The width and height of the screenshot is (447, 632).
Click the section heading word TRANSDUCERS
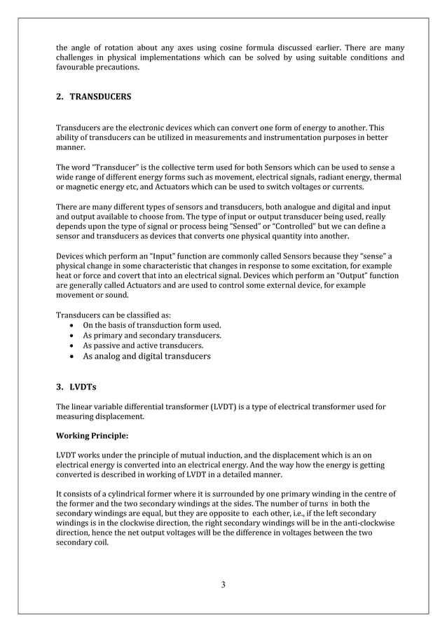coord(100,97)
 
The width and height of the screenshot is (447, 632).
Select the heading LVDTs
coord(85,386)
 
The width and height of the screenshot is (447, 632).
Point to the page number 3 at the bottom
coord(223,585)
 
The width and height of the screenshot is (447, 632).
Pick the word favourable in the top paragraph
coord(79,68)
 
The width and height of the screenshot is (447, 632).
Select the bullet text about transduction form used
coord(152,325)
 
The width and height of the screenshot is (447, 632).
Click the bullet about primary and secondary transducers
coord(152,336)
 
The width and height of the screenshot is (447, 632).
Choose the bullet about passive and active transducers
coord(144,345)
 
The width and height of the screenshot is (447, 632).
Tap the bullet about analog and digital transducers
coord(146,356)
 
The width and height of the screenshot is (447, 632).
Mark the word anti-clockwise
coord(369,522)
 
